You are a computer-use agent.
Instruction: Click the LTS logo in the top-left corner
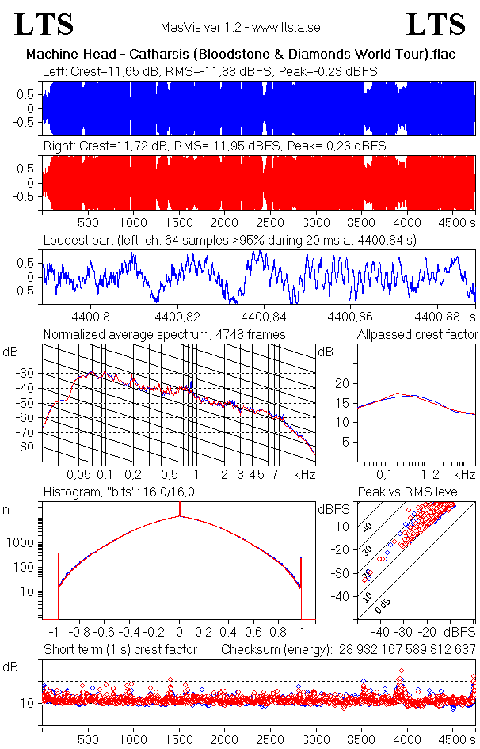click(44, 25)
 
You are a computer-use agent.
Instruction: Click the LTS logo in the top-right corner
click(436, 25)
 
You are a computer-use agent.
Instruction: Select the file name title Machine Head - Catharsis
click(239, 55)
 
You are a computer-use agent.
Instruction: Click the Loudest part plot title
click(230, 239)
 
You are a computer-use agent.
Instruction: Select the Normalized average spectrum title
click(165, 334)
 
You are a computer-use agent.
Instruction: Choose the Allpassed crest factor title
click(417, 334)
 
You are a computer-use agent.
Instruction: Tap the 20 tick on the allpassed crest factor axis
click(342, 383)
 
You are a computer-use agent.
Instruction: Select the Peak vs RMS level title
click(420, 492)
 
